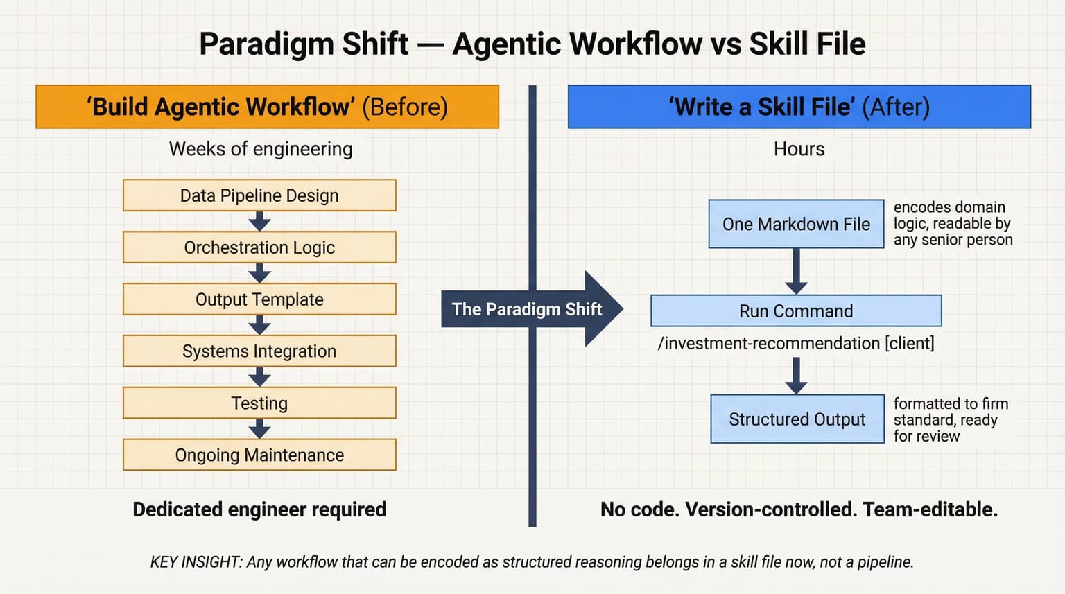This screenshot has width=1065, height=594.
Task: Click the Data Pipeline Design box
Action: pos(259,195)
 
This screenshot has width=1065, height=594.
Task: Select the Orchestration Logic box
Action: pos(259,247)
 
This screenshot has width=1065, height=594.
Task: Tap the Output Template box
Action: pos(259,299)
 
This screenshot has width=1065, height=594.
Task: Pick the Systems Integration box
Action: pos(259,351)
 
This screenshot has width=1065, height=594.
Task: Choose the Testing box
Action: pos(259,403)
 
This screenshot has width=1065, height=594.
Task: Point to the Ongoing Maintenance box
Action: pos(259,455)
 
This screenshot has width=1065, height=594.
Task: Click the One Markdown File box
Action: pos(796,224)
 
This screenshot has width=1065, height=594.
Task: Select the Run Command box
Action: pos(796,311)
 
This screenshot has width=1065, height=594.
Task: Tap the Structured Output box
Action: pos(797,419)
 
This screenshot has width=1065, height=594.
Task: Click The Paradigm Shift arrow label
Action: pos(527,309)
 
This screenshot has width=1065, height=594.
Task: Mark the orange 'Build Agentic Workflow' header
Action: pos(267,107)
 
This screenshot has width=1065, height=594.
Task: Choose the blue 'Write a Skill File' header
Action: pos(799,107)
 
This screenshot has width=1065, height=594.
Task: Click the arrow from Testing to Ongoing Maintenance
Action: pos(259,429)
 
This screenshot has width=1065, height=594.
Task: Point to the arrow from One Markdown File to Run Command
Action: pos(796,272)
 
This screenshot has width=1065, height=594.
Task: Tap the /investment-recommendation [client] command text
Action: pos(796,343)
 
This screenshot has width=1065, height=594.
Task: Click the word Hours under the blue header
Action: pos(799,149)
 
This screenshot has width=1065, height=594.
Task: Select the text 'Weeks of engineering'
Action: pos(261,149)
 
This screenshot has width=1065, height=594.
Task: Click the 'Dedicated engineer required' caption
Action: pos(259,509)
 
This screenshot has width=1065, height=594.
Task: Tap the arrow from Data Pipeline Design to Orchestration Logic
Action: pos(259,221)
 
